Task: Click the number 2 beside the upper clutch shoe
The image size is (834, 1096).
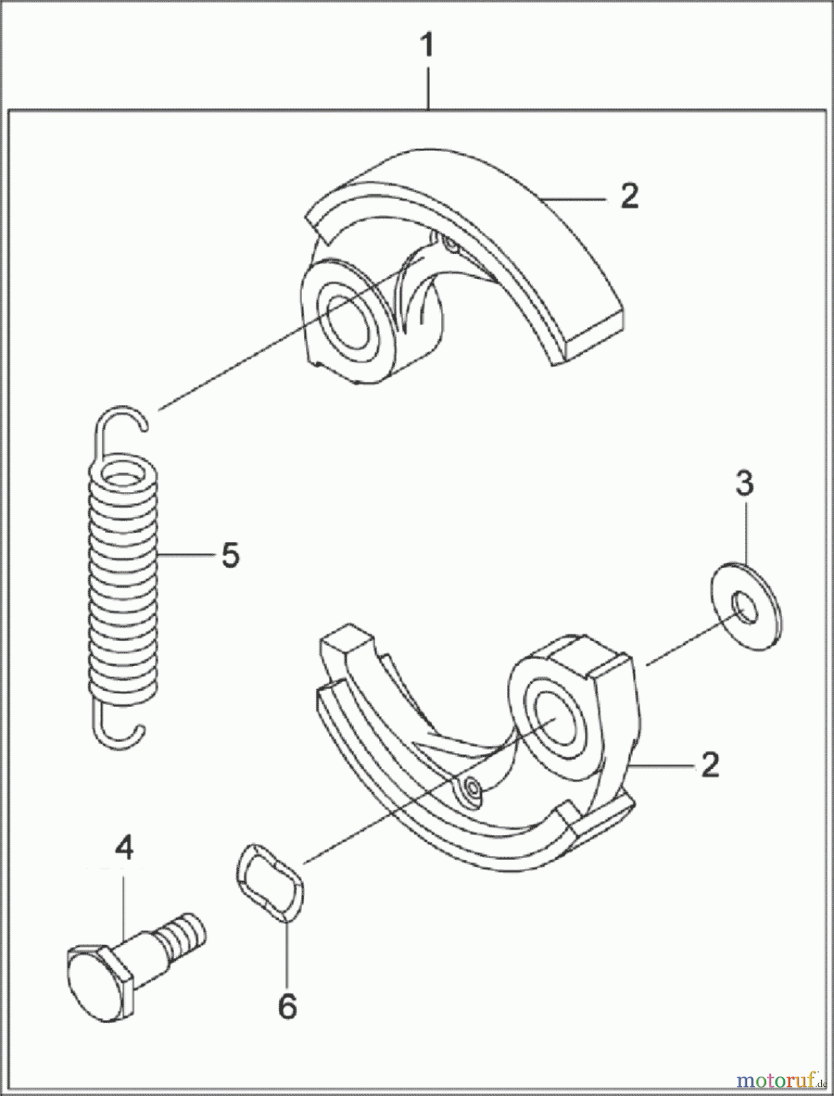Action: (629, 197)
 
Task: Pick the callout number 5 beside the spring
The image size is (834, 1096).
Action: (230, 555)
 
